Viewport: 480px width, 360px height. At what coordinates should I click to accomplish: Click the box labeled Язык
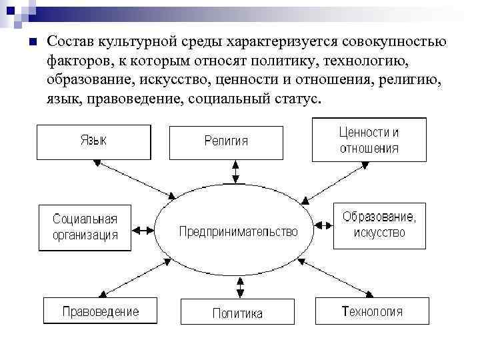coord(93,141)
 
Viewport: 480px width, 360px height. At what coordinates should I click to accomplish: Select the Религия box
coord(225,141)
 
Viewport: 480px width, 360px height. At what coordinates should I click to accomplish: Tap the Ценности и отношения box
coord(369,140)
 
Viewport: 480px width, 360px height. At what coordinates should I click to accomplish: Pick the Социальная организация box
coord(85,227)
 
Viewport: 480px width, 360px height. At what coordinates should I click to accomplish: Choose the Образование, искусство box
coord(379,225)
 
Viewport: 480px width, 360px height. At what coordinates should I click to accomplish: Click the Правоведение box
coord(100,311)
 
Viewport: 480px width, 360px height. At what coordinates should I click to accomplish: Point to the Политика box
coord(237,312)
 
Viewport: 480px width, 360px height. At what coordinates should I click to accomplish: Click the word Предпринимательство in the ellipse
coord(237,232)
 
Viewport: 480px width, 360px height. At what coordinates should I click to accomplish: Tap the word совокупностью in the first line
coord(400,43)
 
